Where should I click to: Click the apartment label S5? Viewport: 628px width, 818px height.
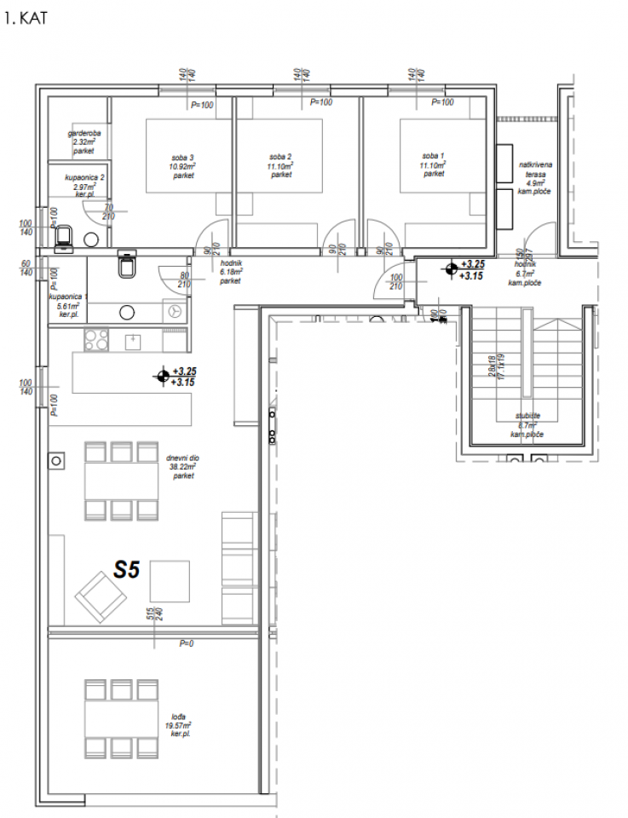[126, 570]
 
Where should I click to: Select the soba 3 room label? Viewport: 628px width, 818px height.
[182, 158]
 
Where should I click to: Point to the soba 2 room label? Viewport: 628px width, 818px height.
[280, 158]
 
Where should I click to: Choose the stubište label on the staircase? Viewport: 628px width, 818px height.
[527, 417]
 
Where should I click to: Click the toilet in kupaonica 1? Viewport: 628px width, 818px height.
[128, 267]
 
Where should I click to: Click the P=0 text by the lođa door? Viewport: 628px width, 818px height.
[186, 643]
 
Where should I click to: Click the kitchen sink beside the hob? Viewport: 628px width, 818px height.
[133, 340]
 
